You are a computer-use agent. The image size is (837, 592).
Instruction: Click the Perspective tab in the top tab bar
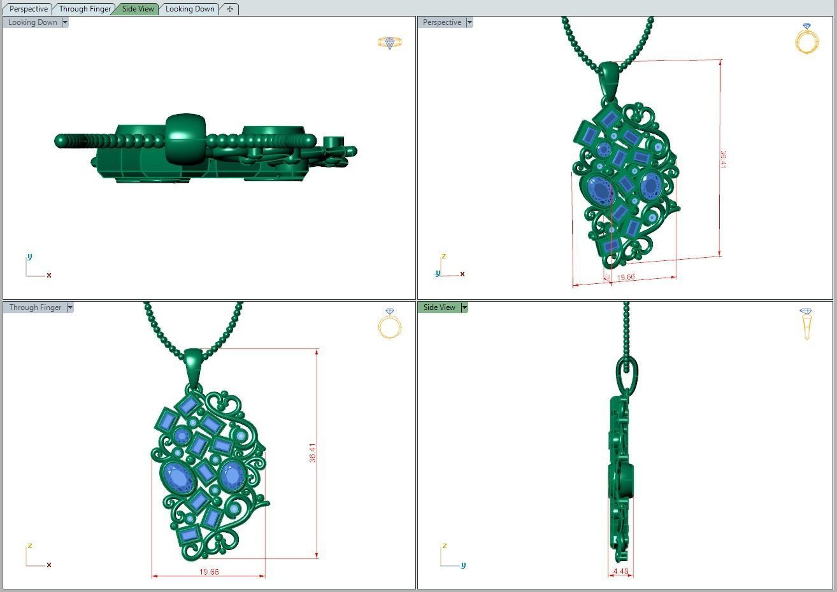point(29,9)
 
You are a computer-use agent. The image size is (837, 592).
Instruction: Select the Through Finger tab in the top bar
point(85,9)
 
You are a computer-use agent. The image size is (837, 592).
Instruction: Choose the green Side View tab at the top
point(138,9)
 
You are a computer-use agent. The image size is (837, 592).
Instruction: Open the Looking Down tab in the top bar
point(190,9)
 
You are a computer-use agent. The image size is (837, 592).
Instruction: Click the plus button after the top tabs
point(230,9)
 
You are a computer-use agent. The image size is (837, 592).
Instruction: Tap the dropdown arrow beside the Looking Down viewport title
point(65,22)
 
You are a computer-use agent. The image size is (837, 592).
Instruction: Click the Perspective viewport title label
point(441,22)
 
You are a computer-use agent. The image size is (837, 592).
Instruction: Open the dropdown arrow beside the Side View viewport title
point(464,307)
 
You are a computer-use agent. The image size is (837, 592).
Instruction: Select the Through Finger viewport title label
point(35,307)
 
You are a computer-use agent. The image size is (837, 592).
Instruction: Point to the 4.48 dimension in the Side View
point(620,571)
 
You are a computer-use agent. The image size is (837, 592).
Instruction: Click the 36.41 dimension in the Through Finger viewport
point(312,453)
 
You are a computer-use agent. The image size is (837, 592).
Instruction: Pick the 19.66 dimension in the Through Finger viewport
point(209,572)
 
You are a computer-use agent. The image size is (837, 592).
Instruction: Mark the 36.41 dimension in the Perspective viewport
point(722,159)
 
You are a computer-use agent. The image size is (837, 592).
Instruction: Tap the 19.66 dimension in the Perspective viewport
point(626,277)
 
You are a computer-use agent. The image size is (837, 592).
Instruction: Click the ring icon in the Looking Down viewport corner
point(390,43)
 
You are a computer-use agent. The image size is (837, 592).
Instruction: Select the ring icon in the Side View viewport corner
point(806,323)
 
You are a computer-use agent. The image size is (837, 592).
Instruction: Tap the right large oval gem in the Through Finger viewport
point(231,476)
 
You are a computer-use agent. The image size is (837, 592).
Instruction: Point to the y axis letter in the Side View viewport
point(463,565)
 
